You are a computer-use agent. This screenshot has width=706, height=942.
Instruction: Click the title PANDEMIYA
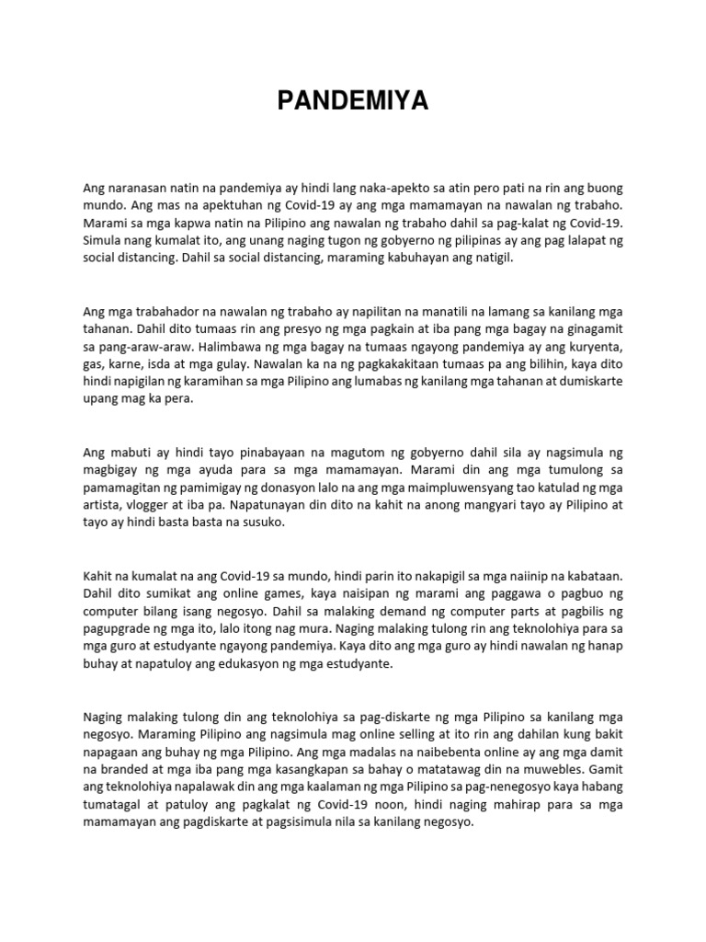(x=354, y=102)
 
